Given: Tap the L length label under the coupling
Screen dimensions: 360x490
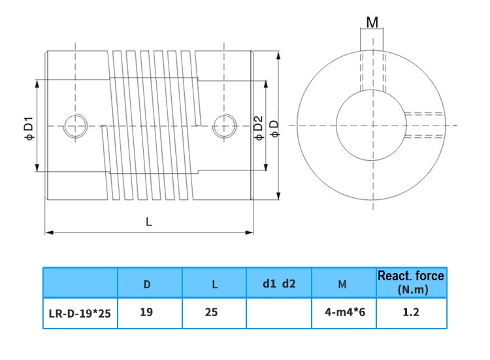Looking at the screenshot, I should tap(149, 221).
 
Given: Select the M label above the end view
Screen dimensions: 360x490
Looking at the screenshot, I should tap(372, 23).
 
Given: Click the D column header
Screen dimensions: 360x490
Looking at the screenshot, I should tap(147, 284).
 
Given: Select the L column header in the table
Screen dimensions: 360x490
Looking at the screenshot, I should tap(214, 284).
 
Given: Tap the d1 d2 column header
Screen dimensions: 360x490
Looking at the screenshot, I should tap(279, 284).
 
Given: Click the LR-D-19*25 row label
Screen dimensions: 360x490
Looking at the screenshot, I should tap(80, 313).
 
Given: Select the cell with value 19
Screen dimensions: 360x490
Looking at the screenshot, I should tap(146, 312).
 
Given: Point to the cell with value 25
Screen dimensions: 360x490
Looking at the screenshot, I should tap(211, 312).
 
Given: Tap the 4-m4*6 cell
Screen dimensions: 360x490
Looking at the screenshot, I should tap(344, 312).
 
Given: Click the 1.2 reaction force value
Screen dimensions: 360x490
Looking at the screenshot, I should tap(411, 312).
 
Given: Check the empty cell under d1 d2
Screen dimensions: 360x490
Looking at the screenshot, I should tap(279, 313).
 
